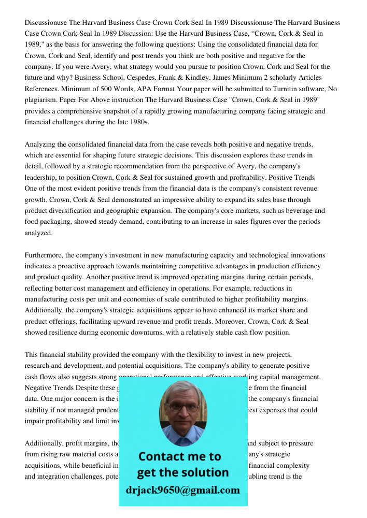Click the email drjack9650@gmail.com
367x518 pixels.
click(x=183, y=490)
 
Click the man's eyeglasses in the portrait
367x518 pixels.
click(x=183, y=407)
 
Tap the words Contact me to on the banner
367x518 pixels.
click(x=179, y=456)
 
